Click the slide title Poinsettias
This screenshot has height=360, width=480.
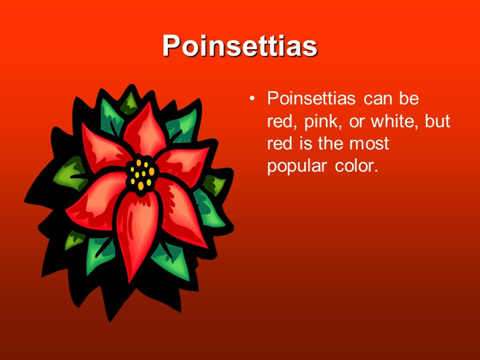tap(239, 46)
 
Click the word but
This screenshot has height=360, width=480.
tap(437, 121)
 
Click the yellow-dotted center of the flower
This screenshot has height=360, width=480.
tap(141, 173)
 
